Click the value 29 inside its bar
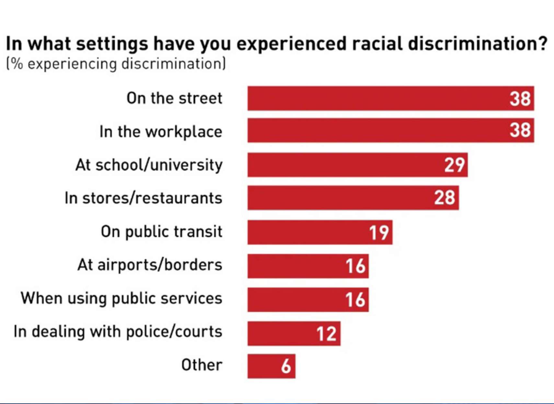point(455,165)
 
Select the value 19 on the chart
point(379,232)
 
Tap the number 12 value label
point(327,333)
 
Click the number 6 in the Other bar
point(286,366)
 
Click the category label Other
point(202,365)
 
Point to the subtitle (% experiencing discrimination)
point(116,64)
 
